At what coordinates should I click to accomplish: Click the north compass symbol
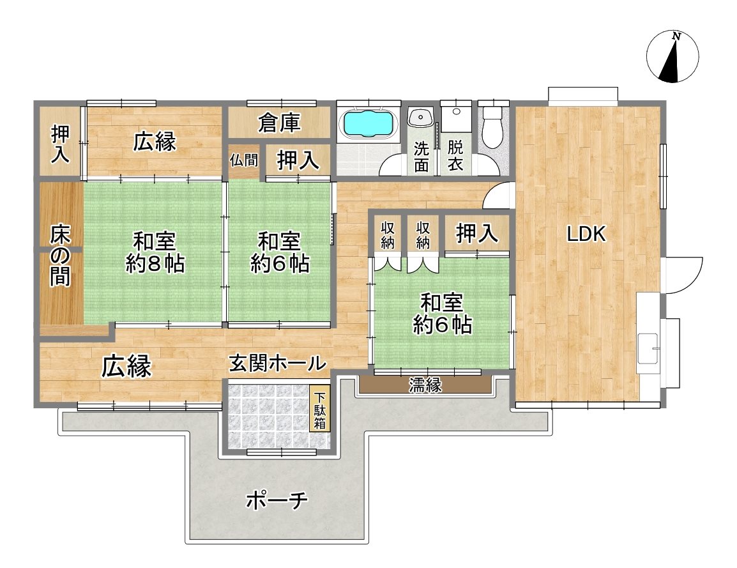click(672, 57)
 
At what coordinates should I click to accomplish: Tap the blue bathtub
click(368, 123)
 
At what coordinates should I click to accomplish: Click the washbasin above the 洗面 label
click(421, 117)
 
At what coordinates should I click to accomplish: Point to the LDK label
click(586, 234)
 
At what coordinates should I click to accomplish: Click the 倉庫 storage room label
click(279, 123)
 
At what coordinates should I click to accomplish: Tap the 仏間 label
click(244, 160)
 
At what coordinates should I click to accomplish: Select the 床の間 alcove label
click(61, 256)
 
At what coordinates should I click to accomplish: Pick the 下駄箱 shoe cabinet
click(319, 408)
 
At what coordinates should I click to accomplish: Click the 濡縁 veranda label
click(425, 385)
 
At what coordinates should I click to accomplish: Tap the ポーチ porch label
click(277, 501)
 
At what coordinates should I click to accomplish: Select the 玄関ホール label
click(277, 363)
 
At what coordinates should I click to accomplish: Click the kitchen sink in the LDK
click(648, 348)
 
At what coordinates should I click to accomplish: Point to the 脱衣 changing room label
click(455, 156)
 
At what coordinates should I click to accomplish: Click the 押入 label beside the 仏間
click(298, 161)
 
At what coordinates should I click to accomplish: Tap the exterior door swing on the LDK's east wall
click(684, 275)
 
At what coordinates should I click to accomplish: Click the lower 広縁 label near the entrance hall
click(126, 366)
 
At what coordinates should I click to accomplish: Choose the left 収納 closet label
click(388, 235)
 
